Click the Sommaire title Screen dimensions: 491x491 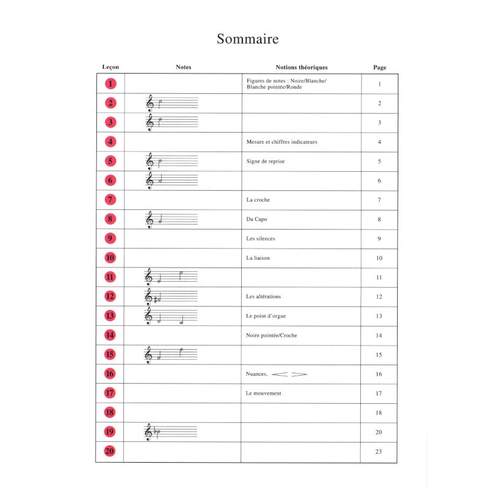(x=247, y=39)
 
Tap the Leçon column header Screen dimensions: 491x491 (x=110, y=67)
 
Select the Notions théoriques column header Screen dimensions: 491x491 (x=301, y=67)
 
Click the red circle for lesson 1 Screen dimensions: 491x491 (x=110, y=84)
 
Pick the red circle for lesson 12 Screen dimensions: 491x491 (x=110, y=296)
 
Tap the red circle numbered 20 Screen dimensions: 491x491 (x=110, y=451)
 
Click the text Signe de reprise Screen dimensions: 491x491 (x=265, y=161)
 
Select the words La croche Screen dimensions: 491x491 (x=258, y=200)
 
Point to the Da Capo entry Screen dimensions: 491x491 (x=257, y=219)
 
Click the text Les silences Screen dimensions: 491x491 (x=261, y=239)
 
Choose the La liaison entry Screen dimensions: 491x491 (x=258, y=258)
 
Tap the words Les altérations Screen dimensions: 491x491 (x=263, y=296)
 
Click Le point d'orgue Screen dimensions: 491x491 (x=266, y=316)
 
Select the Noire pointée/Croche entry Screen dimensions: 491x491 (x=271, y=335)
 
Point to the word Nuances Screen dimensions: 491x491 (x=257, y=374)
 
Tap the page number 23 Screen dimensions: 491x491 (x=379, y=452)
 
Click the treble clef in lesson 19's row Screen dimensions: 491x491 (x=148, y=432)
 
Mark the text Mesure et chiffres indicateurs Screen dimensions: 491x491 (x=282, y=142)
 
